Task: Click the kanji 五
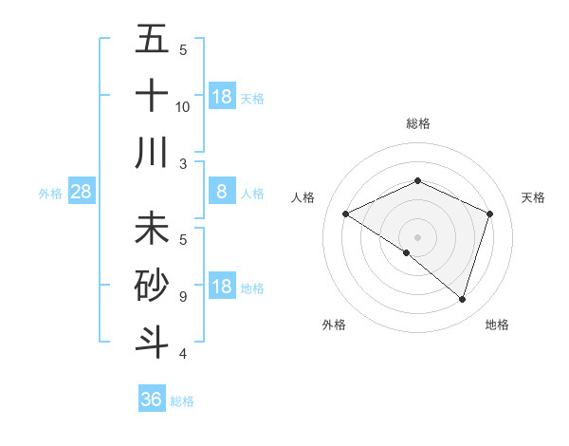pyautogui.click(x=152, y=39)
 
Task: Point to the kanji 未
pyautogui.click(x=152, y=229)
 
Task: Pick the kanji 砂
pyautogui.click(x=152, y=286)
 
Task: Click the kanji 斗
pyautogui.click(x=152, y=342)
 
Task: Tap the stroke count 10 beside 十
pyautogui.click(x=183, y=106)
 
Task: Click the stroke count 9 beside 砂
pyautogui.click(x=182, y=297)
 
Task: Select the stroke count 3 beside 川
pyautogui.click(x=182, y=163)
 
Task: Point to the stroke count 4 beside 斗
pyautogui.click(x=182, y=354)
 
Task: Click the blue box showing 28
pyautogui.click(x=82, y=193)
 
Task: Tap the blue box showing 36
pyautogui.click(x=152, y=400)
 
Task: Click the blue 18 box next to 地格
pyautogui.click(x=222, y=288)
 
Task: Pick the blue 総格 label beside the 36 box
pyautogui.click(x=182, y=401)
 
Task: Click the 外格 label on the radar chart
pyautogui.click(x=334, y=325)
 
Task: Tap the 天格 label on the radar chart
pyautogui.click(x=533, y=197)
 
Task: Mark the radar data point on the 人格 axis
pyautogui.click(x=346, y=214)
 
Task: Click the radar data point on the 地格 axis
pyautogui.click(x=462, y=299)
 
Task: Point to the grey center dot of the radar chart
pyautogui.click(x=417, y=236)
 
